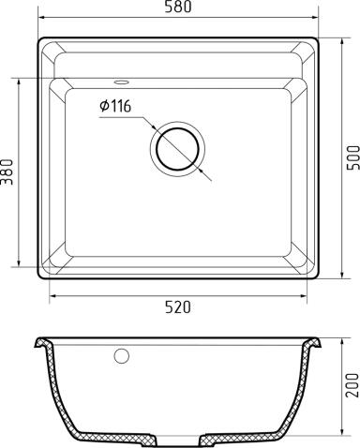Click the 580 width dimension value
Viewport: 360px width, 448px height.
(176, 8)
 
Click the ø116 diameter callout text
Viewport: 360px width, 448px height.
(114, 106)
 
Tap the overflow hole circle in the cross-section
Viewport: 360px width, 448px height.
(120, 356)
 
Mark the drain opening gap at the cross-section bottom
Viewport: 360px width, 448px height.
(179, 439)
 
